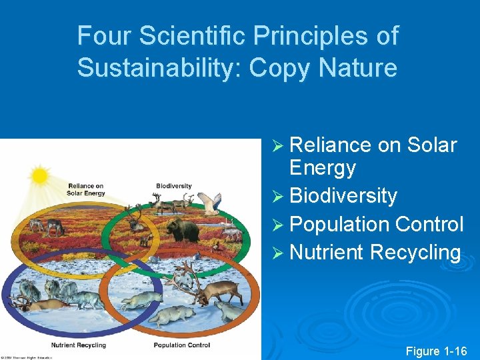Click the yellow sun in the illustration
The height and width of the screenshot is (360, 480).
pyautogui.click(x=40, y=175)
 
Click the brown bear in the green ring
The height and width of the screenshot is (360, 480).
pyautogui.click(x=183, y=231)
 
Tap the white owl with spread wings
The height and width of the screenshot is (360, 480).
pyautogui.click(x=211, y=203)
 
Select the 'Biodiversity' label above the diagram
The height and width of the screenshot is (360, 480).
pyautogui.click(x=173, y=186)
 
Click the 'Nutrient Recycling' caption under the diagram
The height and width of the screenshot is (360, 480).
pyautogui.click(x=79, y=345)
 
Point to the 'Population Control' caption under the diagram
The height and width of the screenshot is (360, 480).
pyautogui.click(x=181, y=345)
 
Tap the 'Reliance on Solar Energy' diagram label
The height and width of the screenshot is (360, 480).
pyautogui.click(x=86, y=189)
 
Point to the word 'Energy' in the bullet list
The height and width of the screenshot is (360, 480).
pyautogui.click(x=323, y=168)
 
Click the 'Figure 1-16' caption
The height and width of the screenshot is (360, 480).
pyautogui.click(x=437, y=351)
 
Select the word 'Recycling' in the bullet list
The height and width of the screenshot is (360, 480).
pyautogui.click(x=415, y=253)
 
